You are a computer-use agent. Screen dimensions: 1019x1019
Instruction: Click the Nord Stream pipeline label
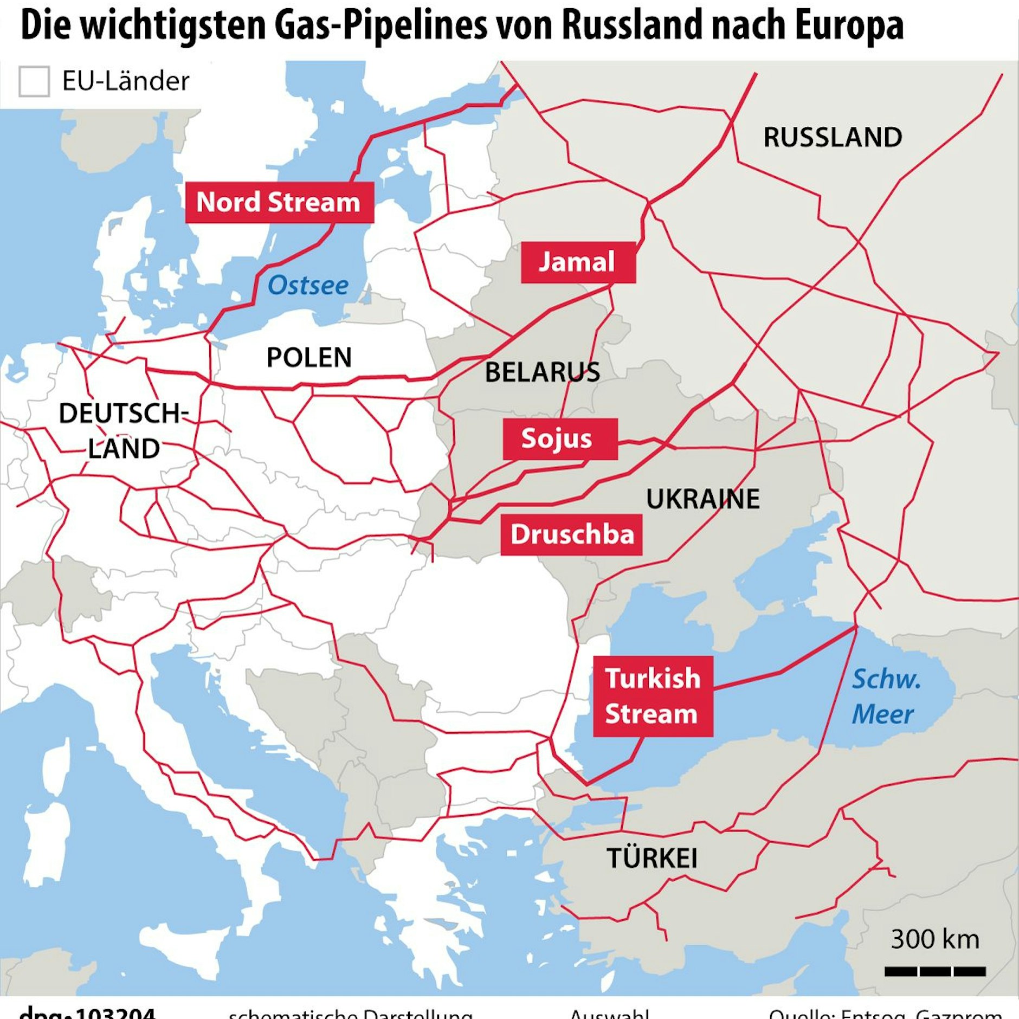279,202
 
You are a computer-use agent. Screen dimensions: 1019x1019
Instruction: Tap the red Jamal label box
578,262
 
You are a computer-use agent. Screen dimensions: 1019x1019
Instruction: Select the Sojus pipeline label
559,439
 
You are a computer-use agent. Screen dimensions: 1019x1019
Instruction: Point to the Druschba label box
571,534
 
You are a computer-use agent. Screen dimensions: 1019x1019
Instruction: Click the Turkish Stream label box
653,696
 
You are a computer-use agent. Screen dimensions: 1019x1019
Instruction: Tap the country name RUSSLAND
833,137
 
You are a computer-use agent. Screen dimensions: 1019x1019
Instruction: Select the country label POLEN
309,358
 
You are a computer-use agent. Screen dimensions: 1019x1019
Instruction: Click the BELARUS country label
542,372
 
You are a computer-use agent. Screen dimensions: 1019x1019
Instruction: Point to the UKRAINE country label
702,499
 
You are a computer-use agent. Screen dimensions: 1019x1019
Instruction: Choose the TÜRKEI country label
652,859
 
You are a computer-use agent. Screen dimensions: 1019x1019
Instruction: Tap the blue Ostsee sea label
308,286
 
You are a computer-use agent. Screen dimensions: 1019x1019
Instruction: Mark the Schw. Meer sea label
885,696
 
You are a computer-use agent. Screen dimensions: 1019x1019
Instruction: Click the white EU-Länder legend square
34,81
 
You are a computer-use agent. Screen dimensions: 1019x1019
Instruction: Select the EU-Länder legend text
126,81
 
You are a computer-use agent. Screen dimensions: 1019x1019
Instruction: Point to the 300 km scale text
935,939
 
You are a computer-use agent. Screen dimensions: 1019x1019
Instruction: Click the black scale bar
935,971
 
